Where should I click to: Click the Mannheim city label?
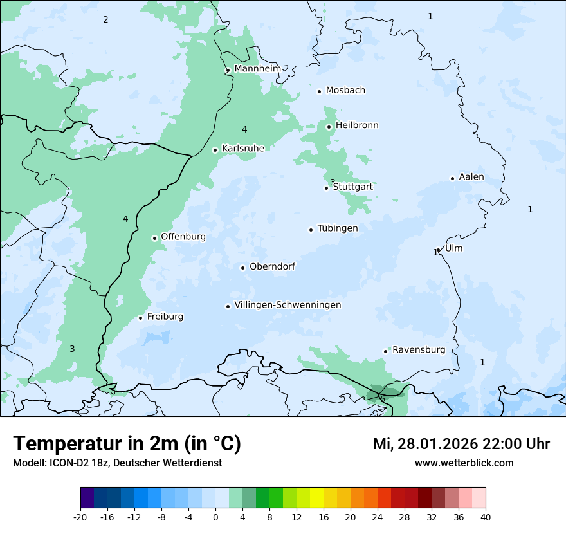[x=257, y=68]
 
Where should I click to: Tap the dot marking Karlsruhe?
[x=215, y=150]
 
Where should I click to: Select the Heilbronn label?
[x=357, y=125]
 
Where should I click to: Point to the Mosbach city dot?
[x=319, y=91]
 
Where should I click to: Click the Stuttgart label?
[x=352, y=187]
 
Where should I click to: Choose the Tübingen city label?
[x=338, y=228]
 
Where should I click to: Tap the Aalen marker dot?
[x=452, y=178]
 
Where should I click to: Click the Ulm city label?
[x=453, y=248]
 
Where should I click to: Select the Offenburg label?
[x=183, y=237]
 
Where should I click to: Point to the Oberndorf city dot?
[x=242, y=268]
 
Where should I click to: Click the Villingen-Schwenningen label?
[x=288, y=305]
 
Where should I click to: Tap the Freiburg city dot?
[x=140, y=318]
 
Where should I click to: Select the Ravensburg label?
[x=419, y=350]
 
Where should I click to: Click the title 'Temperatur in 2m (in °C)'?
[x=127, y=444]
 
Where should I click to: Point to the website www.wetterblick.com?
[x=464, y=463]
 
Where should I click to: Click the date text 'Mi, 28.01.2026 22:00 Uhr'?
[x=461, y=444]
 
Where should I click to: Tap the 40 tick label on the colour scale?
[x=486, y=517]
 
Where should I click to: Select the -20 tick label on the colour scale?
[x=80, y=517]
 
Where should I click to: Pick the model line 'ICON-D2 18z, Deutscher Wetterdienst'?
[x=117, y=463]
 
